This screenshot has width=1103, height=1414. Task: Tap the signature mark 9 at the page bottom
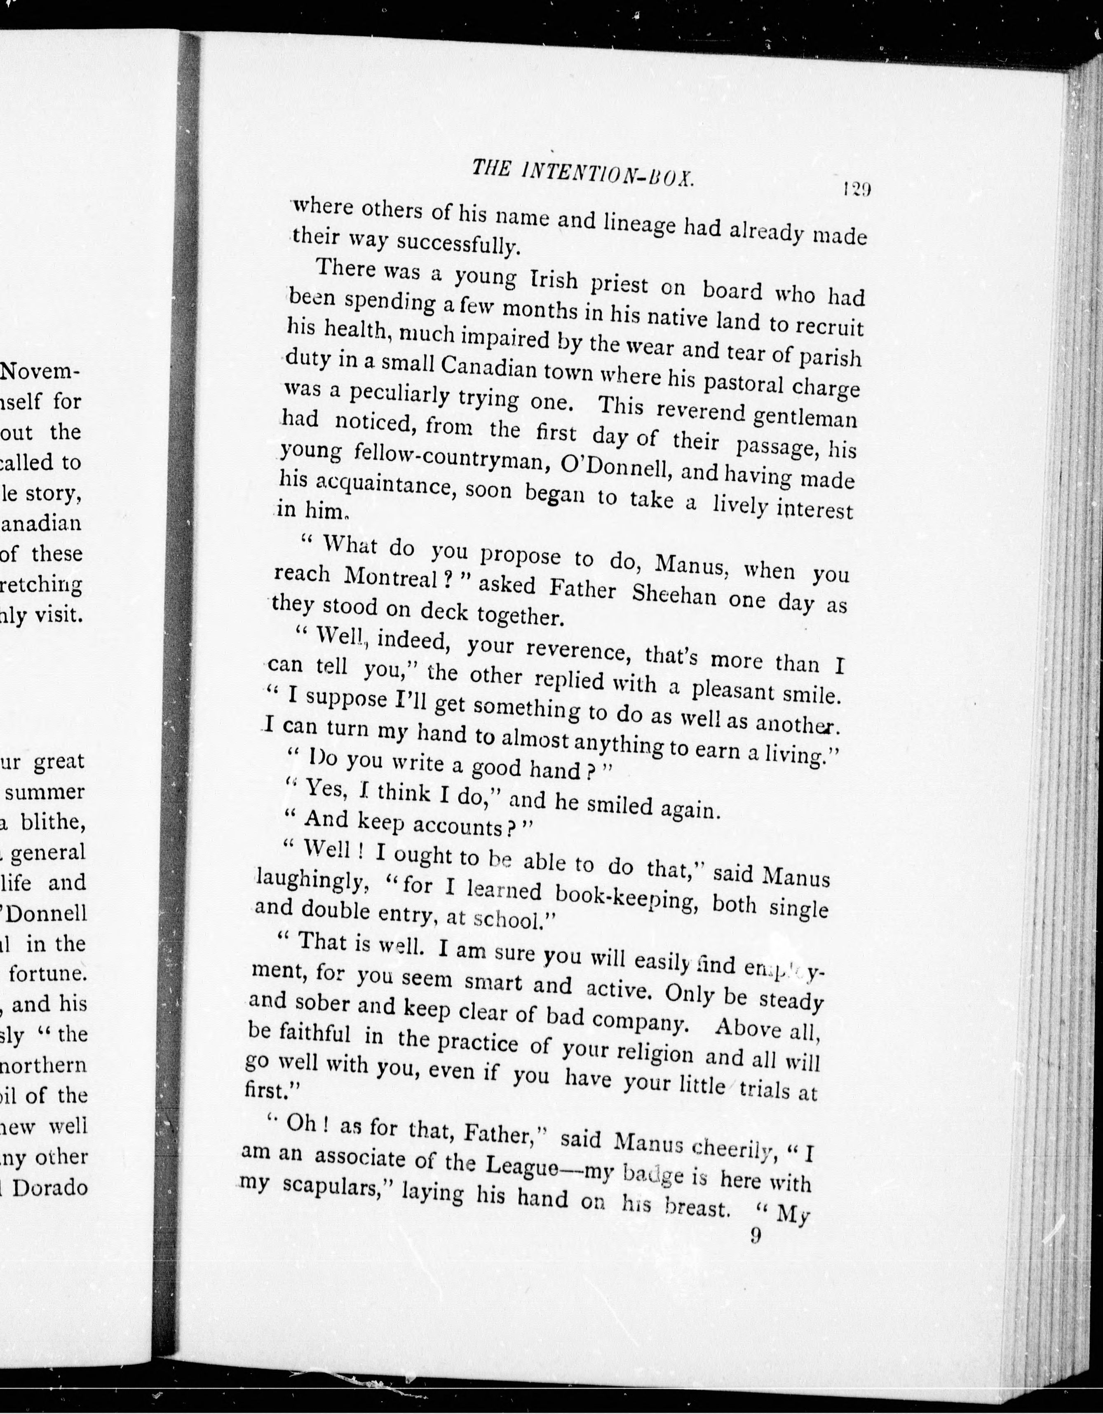click(x=755, y=1236)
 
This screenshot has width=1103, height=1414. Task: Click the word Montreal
click(x=391, y=577)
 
